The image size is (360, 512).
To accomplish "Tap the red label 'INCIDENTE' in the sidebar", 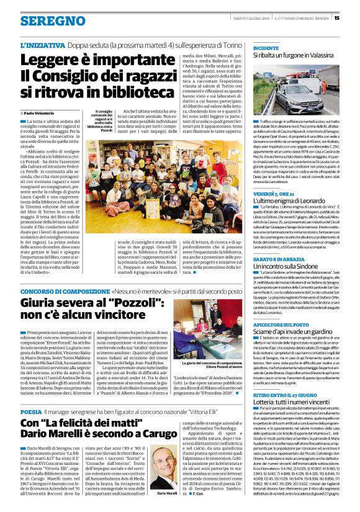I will [x=266, y=47].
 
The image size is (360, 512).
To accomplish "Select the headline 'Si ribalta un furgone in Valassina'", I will [x=300, y=56].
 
